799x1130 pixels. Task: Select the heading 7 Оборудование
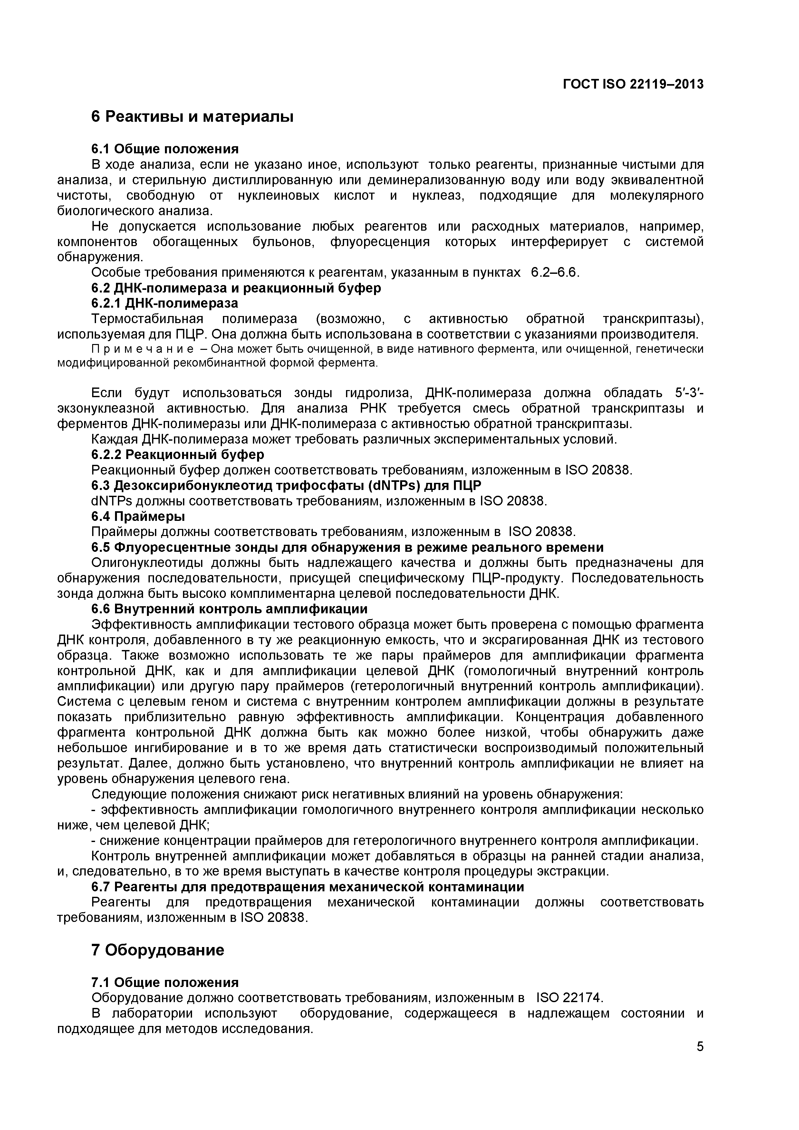pyautogui.click(x=158, y=950)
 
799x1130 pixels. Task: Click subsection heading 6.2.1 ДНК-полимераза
pyautogui.click(x=164, y=303)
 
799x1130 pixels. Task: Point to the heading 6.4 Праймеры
pyautogui.click(x=138, y=516)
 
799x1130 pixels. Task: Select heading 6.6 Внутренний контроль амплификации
pyautogui.click(x=229, y=609)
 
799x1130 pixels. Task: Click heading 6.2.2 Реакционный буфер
pyautogui.click(x=178, y=454)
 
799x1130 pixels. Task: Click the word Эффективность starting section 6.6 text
pyautogui.click(x=142, y=625)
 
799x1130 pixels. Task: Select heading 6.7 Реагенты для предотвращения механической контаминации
pyautogui.click(x=308, y=887)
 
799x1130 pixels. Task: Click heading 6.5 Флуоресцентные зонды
pyautogui.click(x=347, y=547)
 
